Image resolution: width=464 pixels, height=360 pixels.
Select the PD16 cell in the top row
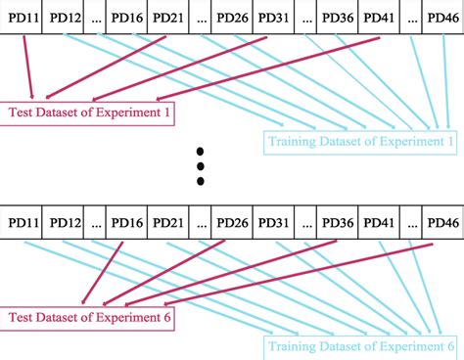point(128,20)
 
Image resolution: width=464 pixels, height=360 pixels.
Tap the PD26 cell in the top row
point(233,20)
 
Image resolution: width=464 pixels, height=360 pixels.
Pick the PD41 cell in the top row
point(382,20)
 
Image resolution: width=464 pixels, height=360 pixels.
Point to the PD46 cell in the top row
point(441,20)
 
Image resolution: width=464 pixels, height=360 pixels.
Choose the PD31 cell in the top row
point(277,20)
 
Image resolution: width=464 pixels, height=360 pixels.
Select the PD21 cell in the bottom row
point(173,222)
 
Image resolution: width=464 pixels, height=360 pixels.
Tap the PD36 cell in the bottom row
point(337,222)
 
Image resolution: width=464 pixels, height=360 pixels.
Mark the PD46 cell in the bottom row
point(441,222)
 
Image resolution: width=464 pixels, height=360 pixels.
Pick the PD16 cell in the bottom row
point(128,222)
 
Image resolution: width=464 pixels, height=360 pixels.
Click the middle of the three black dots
point(201,166)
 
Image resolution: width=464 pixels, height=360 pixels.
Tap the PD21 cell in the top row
point(173,20)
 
